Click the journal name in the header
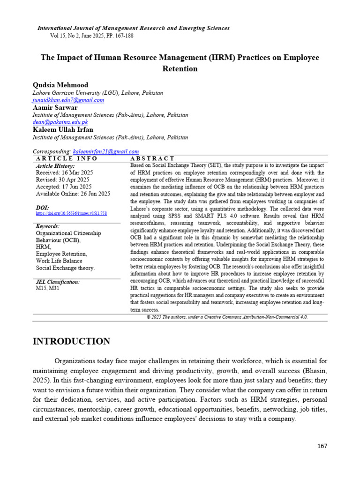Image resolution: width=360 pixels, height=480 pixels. point(134,28)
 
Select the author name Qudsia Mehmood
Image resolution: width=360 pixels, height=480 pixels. point(60,85)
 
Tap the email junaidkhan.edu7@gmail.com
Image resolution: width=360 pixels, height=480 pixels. point(68,100)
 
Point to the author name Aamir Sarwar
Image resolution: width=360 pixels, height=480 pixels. point(55,107)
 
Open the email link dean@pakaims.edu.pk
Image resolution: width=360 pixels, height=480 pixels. point(60,122)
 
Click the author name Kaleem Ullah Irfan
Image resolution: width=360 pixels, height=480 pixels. point(63,130)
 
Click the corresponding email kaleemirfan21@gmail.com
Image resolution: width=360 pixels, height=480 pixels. point(105,151)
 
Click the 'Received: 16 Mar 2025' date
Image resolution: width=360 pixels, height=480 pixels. point(64,172)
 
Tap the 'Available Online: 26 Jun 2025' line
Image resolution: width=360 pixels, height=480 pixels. point(73,194)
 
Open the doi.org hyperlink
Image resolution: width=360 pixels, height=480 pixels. point(71,213)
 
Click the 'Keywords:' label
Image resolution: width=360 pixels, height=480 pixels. point(48,226)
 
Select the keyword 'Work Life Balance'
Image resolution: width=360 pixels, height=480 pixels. point(59,261)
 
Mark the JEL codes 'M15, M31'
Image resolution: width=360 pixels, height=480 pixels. point(47,288)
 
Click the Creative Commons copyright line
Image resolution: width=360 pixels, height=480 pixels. point(227,317)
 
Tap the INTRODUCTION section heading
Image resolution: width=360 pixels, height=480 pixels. point(71,341)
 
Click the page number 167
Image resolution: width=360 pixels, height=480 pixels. point(322,446)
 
